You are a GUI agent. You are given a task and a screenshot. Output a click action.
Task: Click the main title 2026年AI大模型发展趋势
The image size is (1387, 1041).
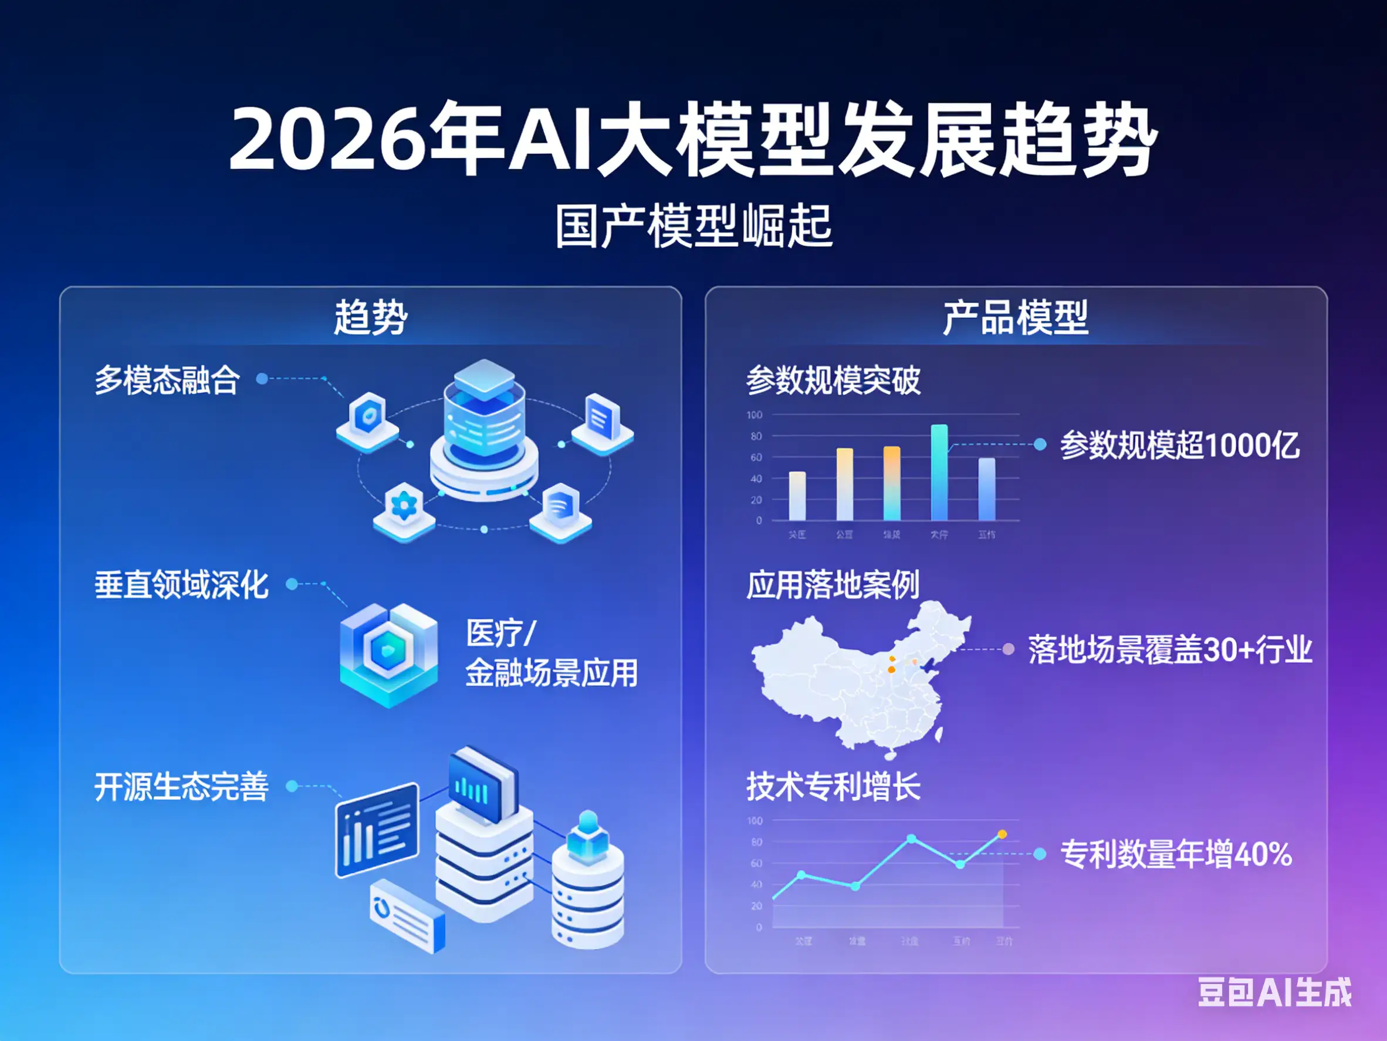(x=693, y=139)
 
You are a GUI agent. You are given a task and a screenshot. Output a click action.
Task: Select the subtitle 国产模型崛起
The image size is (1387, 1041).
(x=693, y=226)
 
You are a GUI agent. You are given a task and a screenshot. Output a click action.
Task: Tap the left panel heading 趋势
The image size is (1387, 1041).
(x=371, y=318)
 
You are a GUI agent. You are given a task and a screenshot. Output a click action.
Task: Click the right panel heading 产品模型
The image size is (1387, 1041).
(x=1015, y=318)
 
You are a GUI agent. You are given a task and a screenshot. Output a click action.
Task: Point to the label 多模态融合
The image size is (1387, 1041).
(x=167, y=380)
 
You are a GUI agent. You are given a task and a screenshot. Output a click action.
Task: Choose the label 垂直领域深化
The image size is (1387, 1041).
(x=182, y=585)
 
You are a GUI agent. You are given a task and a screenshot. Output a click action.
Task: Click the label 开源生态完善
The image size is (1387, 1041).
(x=182, y=786)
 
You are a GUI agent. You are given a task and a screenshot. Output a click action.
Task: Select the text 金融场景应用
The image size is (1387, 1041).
(x=551, y=673)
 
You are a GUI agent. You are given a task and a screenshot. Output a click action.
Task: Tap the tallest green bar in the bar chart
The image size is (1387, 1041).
(x=939, y=472)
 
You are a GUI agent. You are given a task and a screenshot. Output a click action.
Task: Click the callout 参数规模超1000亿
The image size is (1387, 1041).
(x=1179, y=445)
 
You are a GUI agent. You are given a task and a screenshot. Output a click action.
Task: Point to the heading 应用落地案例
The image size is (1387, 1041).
(x=833, y=585)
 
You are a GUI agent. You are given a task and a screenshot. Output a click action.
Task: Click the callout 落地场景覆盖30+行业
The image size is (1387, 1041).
(x=1169, y=649)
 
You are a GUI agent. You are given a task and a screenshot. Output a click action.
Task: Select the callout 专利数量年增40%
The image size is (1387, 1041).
(x=1176, y=854)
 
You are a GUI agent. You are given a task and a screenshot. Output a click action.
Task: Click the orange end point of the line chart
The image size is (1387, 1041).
(x=1002, y=834)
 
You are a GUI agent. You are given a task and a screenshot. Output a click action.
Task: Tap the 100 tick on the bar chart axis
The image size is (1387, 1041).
(x=755, y=415)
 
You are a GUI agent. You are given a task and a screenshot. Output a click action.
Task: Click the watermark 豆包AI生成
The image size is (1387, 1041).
(x=1275, y=993)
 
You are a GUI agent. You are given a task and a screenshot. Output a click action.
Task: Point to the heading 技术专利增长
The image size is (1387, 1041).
(x=833, y=786)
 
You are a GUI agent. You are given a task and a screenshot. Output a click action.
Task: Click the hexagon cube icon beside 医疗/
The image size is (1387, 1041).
(x=388, y=654)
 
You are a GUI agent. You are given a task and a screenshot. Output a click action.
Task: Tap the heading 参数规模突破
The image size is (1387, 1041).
(x=833, y=380)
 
